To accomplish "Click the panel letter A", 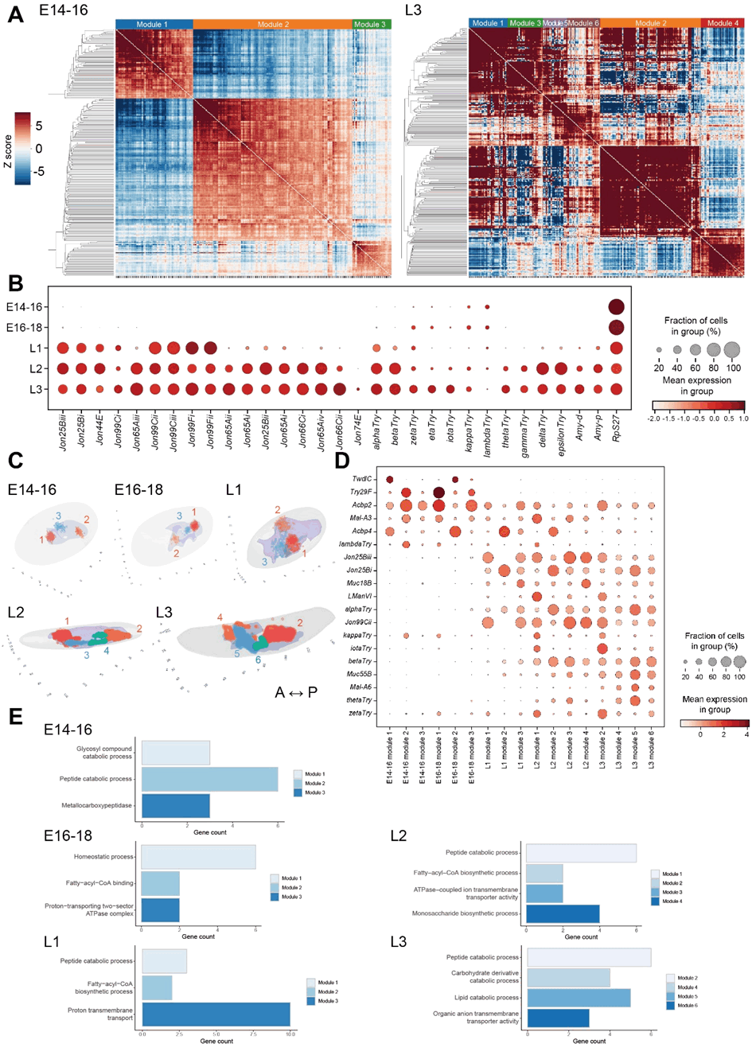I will (15, 14).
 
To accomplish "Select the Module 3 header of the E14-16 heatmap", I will (371, 25).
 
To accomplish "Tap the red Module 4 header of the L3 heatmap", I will (723, 23).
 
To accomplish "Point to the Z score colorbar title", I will (8, 150).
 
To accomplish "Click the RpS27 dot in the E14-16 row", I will (616, 307).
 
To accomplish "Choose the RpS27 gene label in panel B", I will (616, 427).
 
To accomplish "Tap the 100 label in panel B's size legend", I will (733, 368).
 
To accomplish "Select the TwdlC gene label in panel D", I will (361, 479).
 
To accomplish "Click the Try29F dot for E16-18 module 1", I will (438, 493).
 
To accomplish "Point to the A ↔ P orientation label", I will (296, 692).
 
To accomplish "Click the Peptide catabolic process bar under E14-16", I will (209, 779).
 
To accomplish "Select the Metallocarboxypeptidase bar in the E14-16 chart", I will (175, 805).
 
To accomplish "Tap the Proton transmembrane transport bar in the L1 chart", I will (216, 1014).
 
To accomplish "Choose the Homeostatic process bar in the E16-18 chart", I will (198, 857).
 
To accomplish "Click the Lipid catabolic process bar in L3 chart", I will (579, 997).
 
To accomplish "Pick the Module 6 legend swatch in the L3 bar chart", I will (671, 1006).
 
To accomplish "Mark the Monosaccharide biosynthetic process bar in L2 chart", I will (563, 913).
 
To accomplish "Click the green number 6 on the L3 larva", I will (258, 660).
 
